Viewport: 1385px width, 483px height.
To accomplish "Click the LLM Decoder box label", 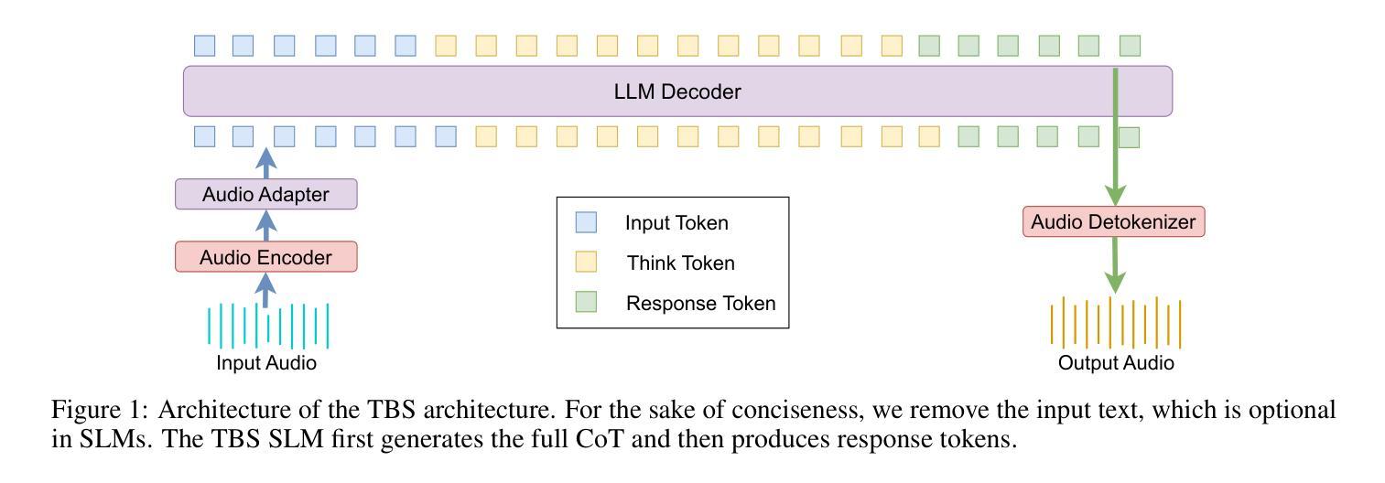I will point(676,92).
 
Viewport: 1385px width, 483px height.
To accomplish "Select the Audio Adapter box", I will point(265,194).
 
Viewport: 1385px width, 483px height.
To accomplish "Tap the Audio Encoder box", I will point(265,257).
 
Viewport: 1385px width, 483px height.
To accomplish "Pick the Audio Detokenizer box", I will point(1113,221).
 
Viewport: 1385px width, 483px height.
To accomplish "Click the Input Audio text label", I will point(266,363).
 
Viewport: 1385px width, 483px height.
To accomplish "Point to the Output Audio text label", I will point(1116,363).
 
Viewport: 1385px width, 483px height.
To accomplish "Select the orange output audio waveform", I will point(1115,322).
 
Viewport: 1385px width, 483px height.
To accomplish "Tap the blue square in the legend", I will point(585,222).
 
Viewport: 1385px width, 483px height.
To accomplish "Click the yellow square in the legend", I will point(585,263).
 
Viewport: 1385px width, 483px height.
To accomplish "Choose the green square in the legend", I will point(585,303).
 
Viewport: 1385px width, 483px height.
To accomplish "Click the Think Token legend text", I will point(680,263).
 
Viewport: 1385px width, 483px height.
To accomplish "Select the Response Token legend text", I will point(700,304).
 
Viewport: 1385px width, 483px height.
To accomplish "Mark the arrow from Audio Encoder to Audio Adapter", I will point(265,225).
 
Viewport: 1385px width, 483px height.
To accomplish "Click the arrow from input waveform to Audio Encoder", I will point(265,290).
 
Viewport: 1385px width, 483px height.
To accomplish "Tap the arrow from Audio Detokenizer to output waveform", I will point(1114,265).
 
